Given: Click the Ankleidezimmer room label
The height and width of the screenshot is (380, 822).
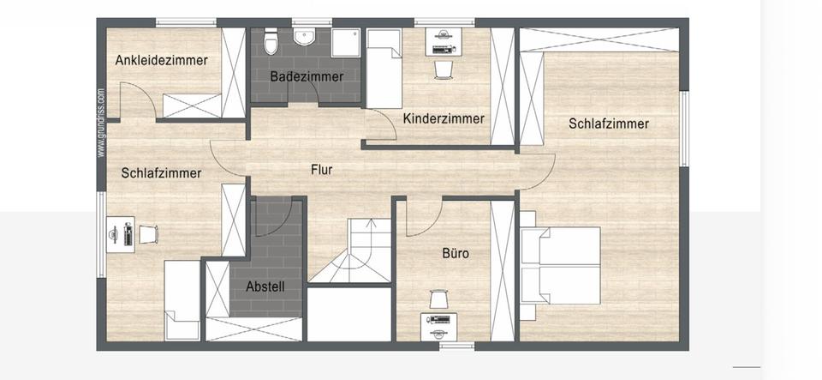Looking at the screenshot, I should click(x=162, y=60).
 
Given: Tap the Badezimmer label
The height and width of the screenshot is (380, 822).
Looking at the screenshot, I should click(x=307, y=76).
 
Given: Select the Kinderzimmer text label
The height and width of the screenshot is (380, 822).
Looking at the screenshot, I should click(x=444, y=118).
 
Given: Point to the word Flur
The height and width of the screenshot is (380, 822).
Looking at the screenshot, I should click(x=321, y=170).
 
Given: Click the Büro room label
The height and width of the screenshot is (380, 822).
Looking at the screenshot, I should click(x=455, y=254).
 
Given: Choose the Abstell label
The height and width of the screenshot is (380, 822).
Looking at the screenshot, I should click(x=265, y=287).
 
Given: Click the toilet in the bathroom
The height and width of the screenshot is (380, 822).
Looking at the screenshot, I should click(x=271, y=40).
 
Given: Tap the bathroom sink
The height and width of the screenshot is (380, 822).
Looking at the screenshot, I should click(x=305, y=37).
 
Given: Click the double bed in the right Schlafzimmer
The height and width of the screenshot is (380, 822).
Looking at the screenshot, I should click(x=560, y=265).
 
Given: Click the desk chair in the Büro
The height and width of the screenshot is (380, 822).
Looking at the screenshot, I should click(x=438, y=299).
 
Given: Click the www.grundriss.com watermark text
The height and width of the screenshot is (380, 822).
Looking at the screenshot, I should click(x=100, y=123).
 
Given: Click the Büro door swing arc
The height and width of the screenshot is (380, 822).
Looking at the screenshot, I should click(x=423, y=218).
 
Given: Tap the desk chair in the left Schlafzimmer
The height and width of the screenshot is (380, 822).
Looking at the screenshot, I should click(x=148, y=234).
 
